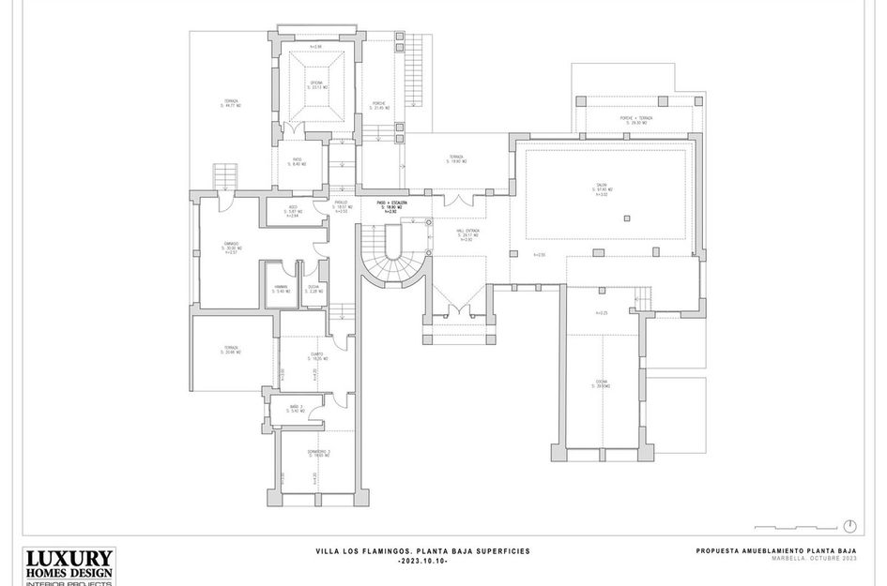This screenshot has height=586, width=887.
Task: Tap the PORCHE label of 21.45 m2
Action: point(380,105)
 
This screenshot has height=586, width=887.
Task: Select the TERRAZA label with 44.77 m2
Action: point(231,103)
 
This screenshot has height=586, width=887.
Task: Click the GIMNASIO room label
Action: point(231,247)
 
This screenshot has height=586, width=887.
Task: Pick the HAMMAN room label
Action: point(281,289)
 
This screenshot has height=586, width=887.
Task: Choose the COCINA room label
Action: point(602,383)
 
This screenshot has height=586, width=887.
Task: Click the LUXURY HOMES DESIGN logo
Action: point(69,566)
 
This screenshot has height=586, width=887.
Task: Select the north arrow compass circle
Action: point(849,525)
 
